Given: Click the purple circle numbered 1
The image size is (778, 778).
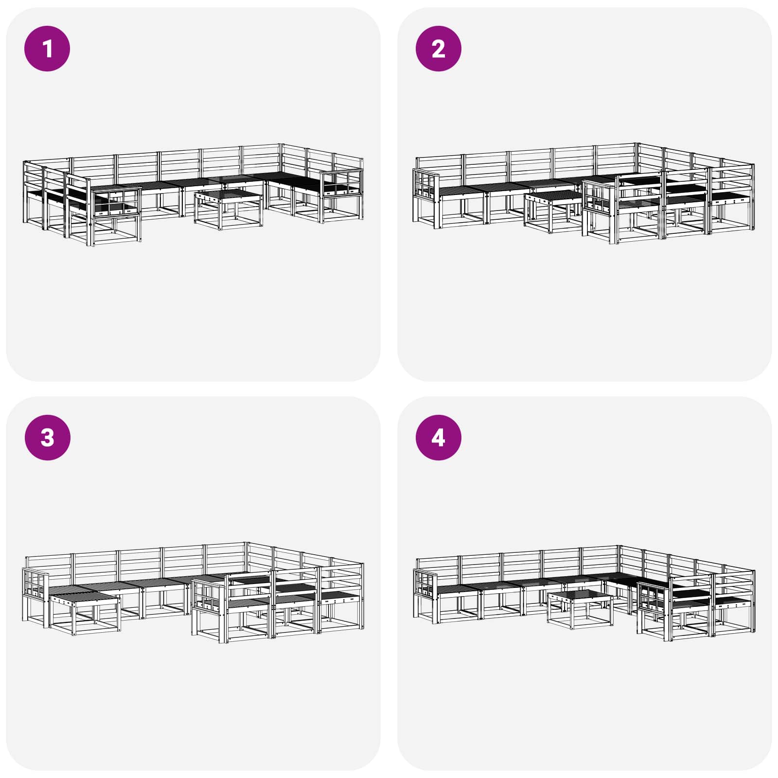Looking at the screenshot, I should pos(47,49).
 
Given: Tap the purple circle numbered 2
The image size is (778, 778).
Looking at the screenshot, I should pos(438,49).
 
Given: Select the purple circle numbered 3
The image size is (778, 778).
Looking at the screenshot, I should pos(47,437).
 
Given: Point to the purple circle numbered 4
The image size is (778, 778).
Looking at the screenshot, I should pos(438,437).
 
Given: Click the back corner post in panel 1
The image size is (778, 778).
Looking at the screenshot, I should pos(281,160).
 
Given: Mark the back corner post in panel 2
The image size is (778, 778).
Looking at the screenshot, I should pos(637,160).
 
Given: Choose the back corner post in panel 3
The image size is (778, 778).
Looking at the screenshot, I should pos(247,559).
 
